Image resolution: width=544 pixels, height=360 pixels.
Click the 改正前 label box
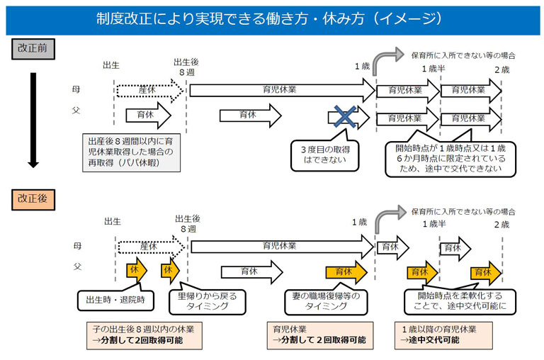point(33,49)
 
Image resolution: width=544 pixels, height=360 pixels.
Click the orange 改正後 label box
point(33,200)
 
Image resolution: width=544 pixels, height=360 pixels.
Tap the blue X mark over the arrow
point(345,116)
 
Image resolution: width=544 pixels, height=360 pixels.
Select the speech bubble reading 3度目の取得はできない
point(324,154)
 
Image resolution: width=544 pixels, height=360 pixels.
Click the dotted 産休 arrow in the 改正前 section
point(150,91)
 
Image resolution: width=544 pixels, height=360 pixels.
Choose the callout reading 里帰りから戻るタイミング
point(207,301)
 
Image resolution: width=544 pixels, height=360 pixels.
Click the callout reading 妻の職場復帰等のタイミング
point(326,301)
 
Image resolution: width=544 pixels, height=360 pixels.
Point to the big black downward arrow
point(33,120)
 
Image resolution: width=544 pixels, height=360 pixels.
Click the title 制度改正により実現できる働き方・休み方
point(230,18)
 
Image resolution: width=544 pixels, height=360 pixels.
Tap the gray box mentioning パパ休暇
point(131,152)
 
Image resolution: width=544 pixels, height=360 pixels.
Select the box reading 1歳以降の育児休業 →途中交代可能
point(443,335)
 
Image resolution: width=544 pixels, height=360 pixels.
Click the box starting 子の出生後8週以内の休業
point(144,335)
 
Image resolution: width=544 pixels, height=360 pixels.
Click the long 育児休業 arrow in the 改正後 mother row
point(283,247)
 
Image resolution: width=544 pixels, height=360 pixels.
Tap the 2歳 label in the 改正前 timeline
point(502,69)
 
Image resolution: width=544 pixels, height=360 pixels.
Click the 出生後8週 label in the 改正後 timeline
point(188,223)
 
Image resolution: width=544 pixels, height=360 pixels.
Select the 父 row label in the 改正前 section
point(76,111)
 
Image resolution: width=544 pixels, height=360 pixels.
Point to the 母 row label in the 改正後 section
point(77,246)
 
